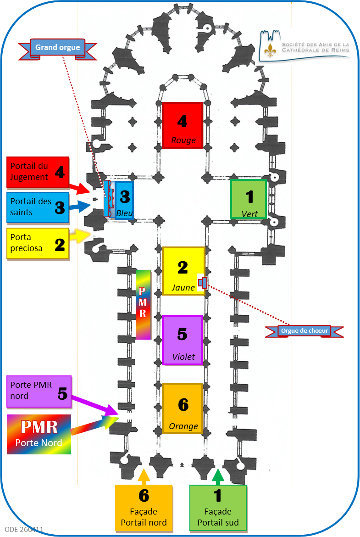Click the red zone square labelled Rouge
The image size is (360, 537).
click(183, 125)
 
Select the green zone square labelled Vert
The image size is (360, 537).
click(249, 199)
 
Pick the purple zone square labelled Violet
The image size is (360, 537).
click(183, 340)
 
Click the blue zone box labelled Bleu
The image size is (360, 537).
click(124, 201)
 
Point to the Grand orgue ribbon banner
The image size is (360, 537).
click(58, 48)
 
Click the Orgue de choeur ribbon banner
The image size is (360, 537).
click(305, 330)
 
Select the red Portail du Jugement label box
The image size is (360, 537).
click(38, 173)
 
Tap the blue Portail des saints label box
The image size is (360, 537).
click(38, 207)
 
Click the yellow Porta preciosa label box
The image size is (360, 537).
click(38, 243)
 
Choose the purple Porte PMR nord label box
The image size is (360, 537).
click(39, 392)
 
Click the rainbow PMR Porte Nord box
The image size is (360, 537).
click(39, 434)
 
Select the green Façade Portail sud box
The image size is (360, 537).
click(218, 509)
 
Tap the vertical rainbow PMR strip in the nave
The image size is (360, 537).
click(143, 304)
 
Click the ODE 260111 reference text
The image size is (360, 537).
click(24, 529)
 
